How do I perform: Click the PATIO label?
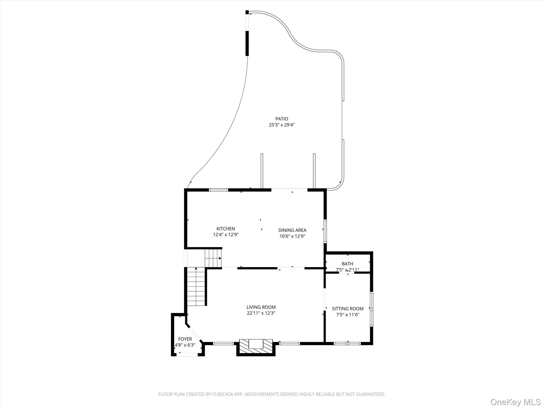tap(282, 119)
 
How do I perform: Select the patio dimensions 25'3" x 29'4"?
tap(282, 125)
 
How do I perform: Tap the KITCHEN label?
tap(226, 229)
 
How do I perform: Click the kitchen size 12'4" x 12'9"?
tap(226, 235)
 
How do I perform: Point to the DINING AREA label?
tap(292, 230)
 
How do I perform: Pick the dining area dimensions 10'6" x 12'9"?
tap(292, 236)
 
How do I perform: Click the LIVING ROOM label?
tap(261, 307)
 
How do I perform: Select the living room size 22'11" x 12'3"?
tap(261, 313)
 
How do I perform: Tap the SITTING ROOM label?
tap(347, 309)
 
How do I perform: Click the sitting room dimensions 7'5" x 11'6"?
tap(347, 315)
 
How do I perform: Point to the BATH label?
tap(347, 264)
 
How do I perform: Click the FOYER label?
tap(185, 339)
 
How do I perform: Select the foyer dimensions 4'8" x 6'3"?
tap(185, 345)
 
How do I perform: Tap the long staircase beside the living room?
tap(196, 287)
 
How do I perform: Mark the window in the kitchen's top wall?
tap(218, 190)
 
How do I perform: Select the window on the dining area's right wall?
tap(325, 231)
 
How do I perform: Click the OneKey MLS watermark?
tap(515, 402)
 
